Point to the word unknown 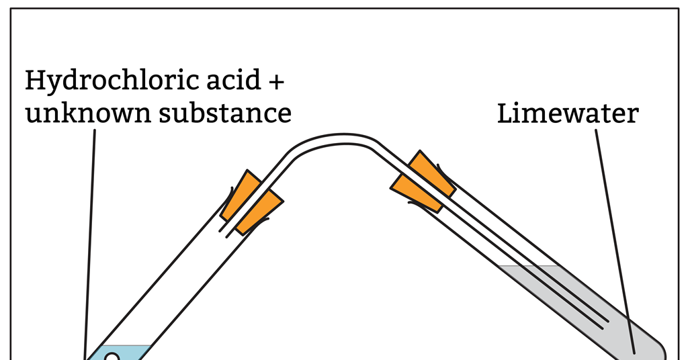pos(85,113)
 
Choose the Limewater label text pos(567,114)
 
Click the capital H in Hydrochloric pos(35,81)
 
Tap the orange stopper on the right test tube pos(423,182)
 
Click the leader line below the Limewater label pos(615,235)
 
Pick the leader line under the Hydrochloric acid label pos(90,242)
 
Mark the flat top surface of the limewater pos(531,267)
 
